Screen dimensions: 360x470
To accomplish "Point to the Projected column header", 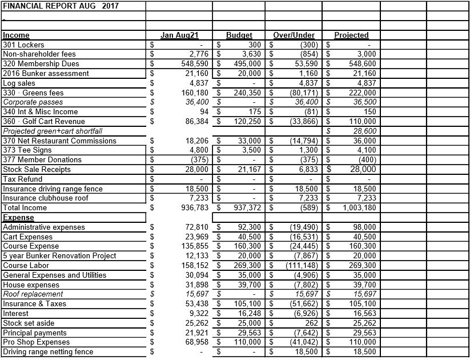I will [x=351, y=35].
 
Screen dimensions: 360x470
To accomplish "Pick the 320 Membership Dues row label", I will [x=41, y=63].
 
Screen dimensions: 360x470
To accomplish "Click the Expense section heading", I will [x=18, y=217].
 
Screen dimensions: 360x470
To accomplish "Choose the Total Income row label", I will [x=25, y=208].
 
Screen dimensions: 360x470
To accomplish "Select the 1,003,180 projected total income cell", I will [x=359, y=208].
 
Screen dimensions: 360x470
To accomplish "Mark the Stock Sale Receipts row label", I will [x=37, y=169].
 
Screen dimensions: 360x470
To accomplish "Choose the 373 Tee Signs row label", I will [x=26, y=150].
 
